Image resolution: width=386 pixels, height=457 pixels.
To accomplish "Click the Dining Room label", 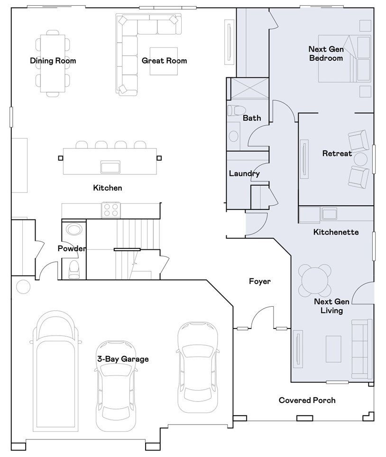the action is tap(53, 61).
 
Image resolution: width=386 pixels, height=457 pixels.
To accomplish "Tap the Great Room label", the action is tap(164, 61).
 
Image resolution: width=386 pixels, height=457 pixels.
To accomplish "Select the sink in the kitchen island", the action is tap(110, 167).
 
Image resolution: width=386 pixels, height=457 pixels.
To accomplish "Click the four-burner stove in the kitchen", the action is tap(111, 210).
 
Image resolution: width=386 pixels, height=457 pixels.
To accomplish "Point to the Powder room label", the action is tap(72, 248).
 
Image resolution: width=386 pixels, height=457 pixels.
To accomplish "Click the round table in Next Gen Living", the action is tap(314, 280).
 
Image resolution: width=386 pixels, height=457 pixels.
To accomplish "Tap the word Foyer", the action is tap(260, 281).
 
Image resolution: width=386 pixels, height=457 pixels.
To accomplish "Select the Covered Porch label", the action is tap(307, 400).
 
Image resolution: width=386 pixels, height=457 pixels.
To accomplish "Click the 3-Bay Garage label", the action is tap(123, 359).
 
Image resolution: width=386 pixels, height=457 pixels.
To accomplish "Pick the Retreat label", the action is tap(337, 153).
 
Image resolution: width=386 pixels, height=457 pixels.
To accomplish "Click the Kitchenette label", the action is tap(336, 232).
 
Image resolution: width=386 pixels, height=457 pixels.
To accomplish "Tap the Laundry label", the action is tap(244, 174).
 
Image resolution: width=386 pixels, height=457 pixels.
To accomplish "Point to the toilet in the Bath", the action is tap(237, 110).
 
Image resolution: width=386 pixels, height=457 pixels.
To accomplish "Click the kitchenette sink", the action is tap(329, 214).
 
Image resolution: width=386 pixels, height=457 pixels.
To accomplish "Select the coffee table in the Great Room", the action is tap(164, 61).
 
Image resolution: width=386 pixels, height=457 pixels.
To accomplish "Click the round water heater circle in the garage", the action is tap(23, 286).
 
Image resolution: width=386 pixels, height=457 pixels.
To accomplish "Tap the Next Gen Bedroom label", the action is tap(326, 54).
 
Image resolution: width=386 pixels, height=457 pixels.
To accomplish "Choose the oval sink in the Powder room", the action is tap(74, 229).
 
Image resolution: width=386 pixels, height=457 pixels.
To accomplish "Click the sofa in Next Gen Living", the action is tap(362, 349).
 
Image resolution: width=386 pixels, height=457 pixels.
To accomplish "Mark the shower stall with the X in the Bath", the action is tap(249, 88).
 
